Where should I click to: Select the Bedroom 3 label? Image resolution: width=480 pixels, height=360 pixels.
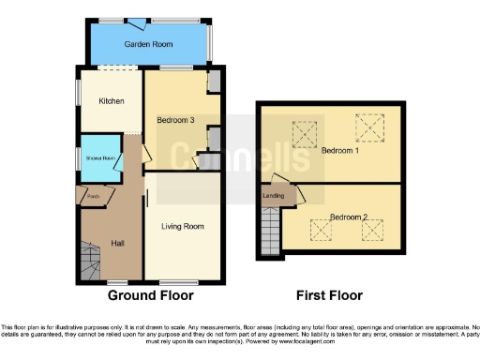[175, 120]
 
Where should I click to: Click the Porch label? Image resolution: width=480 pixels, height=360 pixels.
[93, 197]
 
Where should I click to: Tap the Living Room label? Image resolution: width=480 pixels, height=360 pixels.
[182, 226]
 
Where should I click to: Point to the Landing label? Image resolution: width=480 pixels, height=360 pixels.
[275, 195]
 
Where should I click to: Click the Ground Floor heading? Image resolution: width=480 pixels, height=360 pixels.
[151, 295]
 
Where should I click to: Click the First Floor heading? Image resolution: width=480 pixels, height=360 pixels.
[329, 295]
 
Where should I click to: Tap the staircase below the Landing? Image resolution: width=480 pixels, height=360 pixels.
[270, 230]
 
